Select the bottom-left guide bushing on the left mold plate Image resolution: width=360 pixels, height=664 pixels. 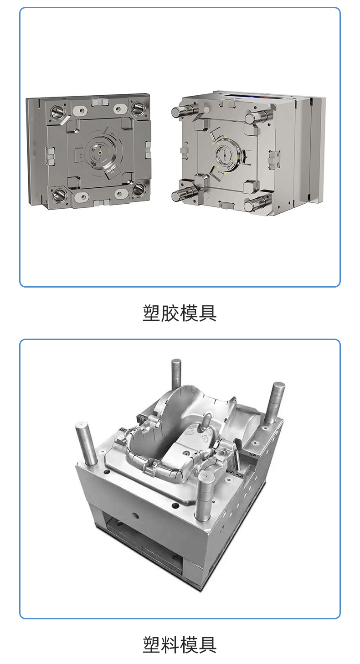point(59,194)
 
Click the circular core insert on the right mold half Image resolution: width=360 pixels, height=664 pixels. point(226,155)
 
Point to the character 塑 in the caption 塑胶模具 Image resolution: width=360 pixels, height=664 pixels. point(152,313)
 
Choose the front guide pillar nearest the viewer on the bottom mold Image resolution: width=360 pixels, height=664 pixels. point(205,498)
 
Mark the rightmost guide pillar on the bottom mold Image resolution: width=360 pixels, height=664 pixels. point(274,404)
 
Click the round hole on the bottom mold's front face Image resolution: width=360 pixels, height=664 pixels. point(136,515)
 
